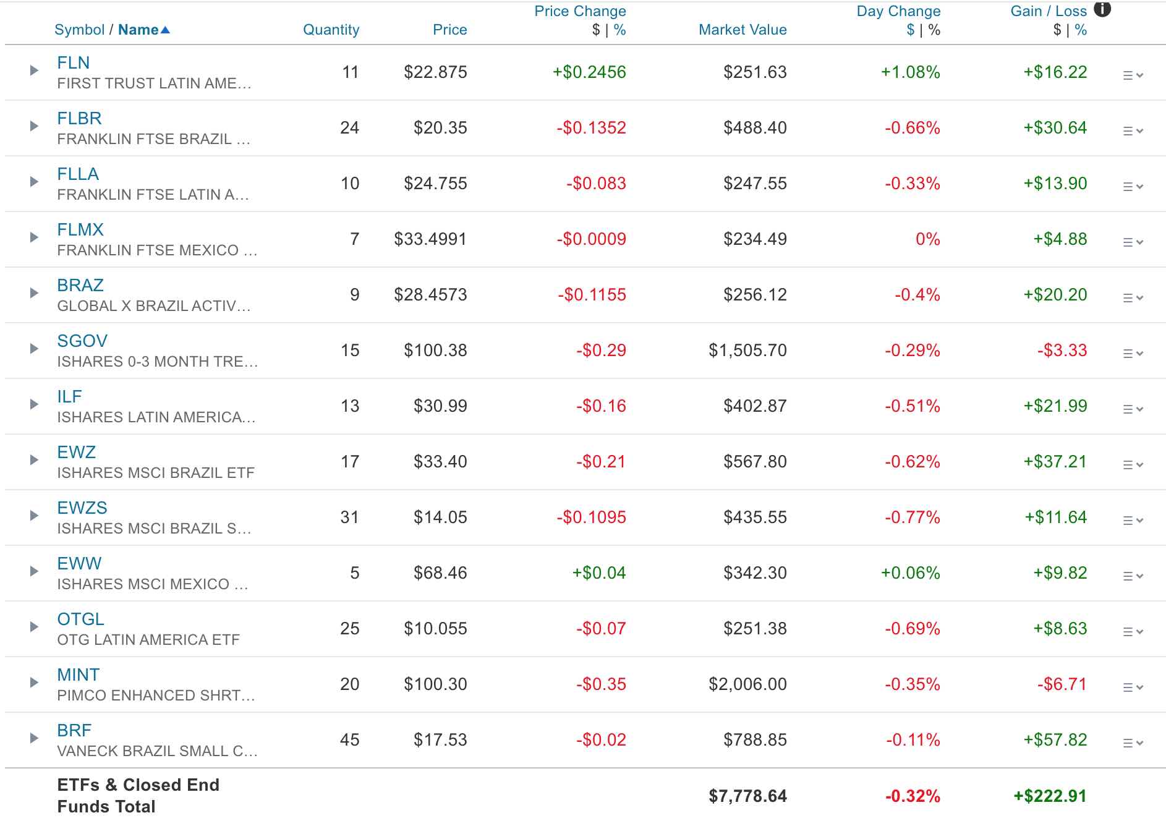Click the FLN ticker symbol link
tap(73, 62)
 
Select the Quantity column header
tap(331, 30)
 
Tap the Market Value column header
tap(742, 30)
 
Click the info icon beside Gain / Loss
tap(1102, 9)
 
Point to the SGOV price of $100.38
tap(435, 351)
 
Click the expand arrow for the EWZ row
tap(34, 460)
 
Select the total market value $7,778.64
tap(747, 796)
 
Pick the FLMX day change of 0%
tap(927, 239)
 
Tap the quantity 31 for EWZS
tap(349, 517)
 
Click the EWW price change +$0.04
tap(598, 573)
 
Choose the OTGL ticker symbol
tap(80, 619)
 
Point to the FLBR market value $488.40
tap(755, 128)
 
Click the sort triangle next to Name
tap(165, 30)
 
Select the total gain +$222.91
tap(1049, 796)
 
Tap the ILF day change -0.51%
tap(912, 406)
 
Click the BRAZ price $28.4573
tap(430, 295)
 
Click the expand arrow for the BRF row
tap(34, 738)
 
